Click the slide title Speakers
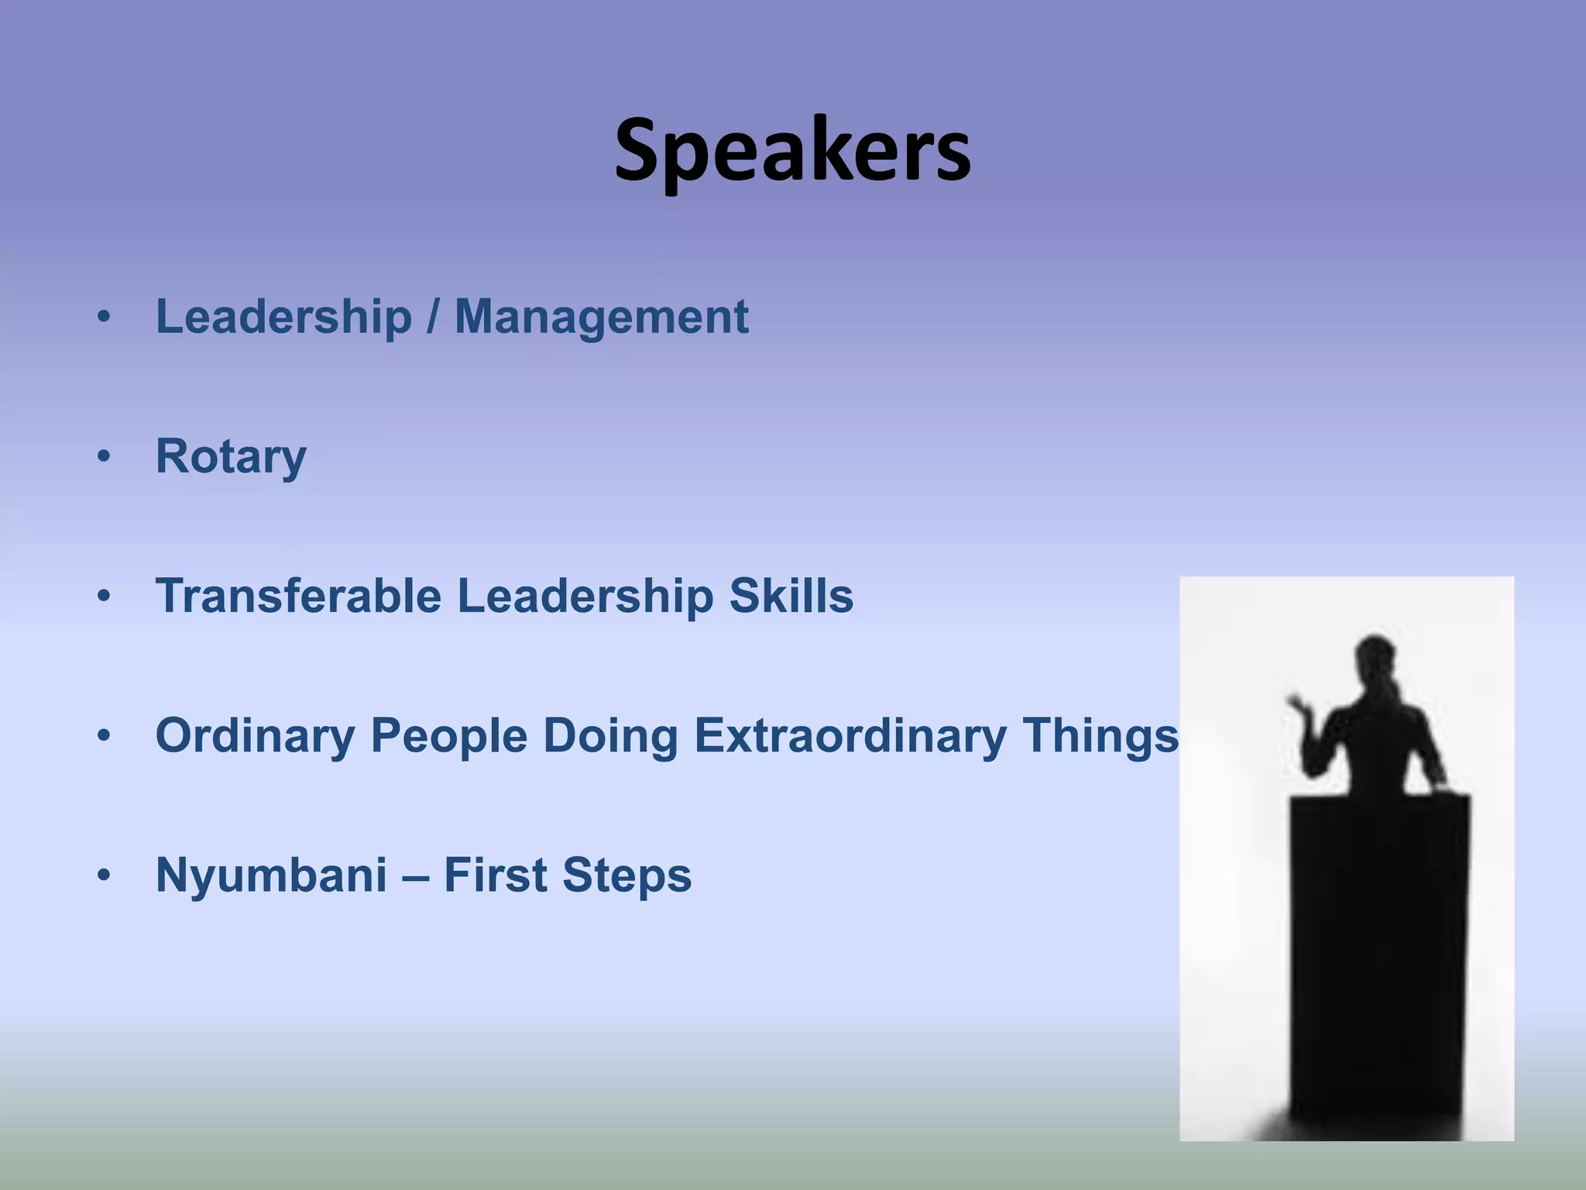(792, 151)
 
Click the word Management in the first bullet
(601, 317)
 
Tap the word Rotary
(231, 456)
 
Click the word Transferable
(298, 596)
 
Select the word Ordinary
(255, 735)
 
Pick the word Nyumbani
(271, 875)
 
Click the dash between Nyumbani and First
(415, 876)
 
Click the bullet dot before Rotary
(104, 457)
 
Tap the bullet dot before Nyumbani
(104, 875)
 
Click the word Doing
(610, 735)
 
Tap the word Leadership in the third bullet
(585, 596)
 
